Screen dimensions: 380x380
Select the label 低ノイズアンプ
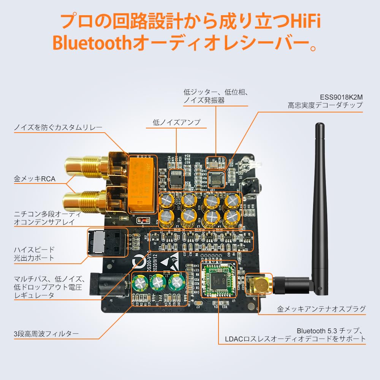(176, 122)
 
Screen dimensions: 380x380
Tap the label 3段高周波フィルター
(46, 334)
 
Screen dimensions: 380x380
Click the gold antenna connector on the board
(259, 284)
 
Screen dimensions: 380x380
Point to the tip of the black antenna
(320, 125)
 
